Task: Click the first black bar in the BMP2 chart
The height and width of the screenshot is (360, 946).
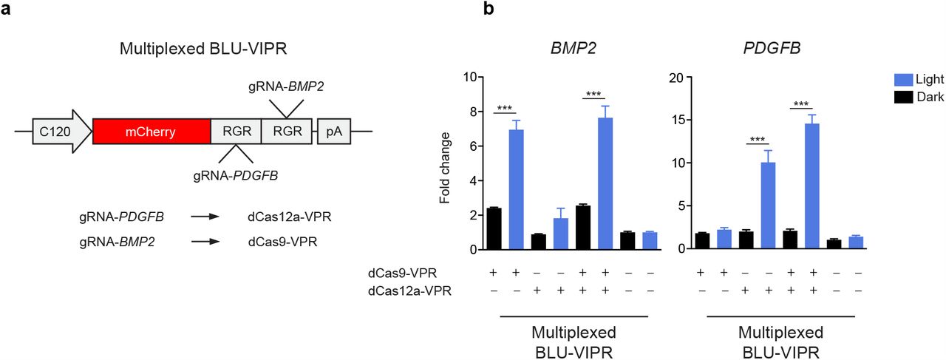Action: point(494,228)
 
